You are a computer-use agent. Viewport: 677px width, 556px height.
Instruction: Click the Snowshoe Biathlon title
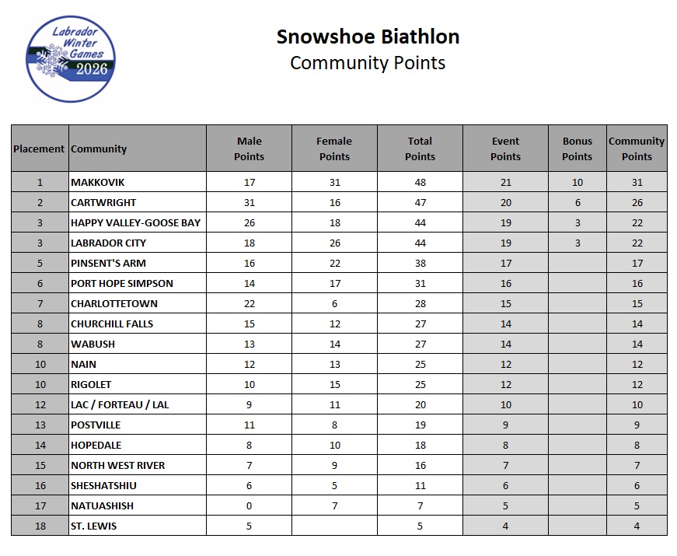[368, 37]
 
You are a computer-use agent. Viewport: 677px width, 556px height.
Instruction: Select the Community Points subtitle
[368, 63]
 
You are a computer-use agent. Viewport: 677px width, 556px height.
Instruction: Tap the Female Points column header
[334, 149]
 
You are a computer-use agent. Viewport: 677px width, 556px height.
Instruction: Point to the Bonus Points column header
[577, 149]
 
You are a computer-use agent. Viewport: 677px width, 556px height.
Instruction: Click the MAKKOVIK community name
[98, 182]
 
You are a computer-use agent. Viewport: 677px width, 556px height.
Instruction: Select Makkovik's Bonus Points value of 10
[577, 182]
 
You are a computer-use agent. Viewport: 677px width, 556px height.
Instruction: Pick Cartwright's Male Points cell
[249, 202]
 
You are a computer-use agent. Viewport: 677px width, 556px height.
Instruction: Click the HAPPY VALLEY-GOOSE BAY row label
[135, 222]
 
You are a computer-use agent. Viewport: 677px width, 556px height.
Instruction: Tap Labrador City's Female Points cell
[334, 243]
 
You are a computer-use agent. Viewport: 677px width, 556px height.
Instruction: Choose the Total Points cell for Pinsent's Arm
[420, 263]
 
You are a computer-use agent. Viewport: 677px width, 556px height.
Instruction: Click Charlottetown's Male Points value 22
[249, 303]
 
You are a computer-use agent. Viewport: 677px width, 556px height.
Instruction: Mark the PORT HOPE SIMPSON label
[122, 283]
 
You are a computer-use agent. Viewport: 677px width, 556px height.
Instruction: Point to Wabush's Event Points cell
[505, 344]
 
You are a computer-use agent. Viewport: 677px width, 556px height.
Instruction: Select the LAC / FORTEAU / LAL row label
[120, 404]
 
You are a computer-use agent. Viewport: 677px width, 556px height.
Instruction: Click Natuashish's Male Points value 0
[249, 505]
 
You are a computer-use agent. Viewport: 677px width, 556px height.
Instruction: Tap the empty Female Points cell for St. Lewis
[334, 526]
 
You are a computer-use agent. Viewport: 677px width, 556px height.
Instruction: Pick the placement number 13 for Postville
[40, 425]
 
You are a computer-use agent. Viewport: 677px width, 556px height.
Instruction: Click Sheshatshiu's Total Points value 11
[420, 485]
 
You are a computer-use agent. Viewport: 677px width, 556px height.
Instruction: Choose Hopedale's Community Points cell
[637, 445]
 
